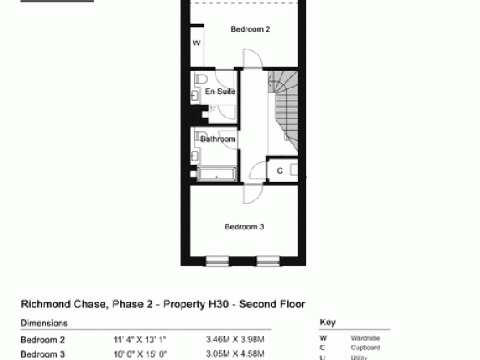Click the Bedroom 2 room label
click(x=250, y=29)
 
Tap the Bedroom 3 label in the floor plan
click(x=244, y=227)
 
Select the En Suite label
click(x=220, y=92)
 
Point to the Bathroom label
click(x=218, y=139)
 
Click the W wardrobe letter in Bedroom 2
click(x=196, y=43)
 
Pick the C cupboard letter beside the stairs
click(x=280, y=170)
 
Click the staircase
click(x=282, y=111)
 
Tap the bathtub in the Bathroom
click(x=216, y=174)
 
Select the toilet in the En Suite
click(x=200, y=79)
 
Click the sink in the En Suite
click(x=195, y=96)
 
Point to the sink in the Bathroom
click(x=195, y=156)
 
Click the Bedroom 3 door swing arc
click(x=253, y=194)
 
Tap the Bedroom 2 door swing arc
click(x=253, y=58)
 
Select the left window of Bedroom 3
click(x=216, y=261)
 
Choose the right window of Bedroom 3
click(x=268, y=261)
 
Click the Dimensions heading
click(x=44, y=323)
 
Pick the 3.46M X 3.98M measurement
click(x=235, y=340)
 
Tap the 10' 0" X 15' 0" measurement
click(x=140, y=354)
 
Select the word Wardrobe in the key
click(x=366, y=338)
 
